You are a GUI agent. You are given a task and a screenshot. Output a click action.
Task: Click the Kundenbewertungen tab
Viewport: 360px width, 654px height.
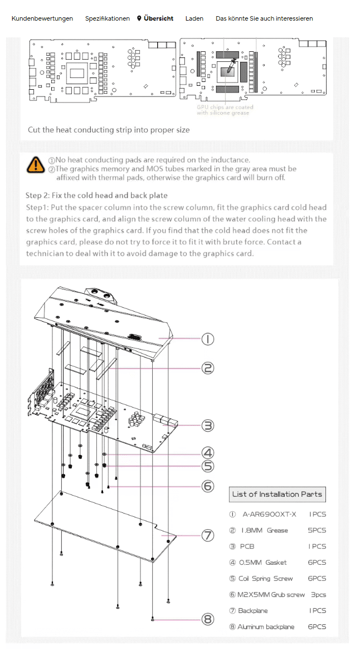(x=42, y=18)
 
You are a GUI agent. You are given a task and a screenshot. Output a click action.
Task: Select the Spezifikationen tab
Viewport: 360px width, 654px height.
(x=108, y=18)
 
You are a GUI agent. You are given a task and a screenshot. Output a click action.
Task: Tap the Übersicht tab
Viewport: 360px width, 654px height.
(x=155, y=18)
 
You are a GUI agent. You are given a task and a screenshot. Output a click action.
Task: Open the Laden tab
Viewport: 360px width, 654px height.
(x=194, y=18)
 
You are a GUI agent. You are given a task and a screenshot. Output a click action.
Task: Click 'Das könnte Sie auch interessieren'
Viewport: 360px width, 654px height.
(x=264, y=18)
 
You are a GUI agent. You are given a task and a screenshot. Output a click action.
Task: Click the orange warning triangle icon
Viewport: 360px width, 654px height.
(x=36, y=164)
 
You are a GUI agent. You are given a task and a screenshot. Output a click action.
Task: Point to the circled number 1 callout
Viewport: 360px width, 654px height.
(x=207, y=339)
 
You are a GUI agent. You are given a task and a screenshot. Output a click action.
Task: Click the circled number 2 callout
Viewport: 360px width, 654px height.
(x=207, y=368)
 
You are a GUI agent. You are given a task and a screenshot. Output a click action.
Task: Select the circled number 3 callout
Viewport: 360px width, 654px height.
(x=207, y=425)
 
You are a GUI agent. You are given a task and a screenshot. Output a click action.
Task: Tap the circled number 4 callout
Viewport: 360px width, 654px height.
(x=207, y=453)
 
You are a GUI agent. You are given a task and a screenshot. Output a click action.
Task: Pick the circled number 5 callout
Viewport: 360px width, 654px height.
(x=207, y=466)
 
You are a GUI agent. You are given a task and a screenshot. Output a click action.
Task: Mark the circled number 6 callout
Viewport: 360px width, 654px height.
(x=207, y=486)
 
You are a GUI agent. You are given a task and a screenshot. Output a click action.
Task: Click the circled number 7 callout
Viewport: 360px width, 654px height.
(x=207, y=535)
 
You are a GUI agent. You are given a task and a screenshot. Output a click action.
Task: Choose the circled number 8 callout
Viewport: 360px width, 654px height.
(x=207, y=619)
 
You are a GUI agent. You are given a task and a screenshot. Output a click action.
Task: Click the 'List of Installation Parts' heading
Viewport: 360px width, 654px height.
(x=277, y=494)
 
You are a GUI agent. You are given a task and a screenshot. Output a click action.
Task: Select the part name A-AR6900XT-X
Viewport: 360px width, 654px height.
(x=269, y=514)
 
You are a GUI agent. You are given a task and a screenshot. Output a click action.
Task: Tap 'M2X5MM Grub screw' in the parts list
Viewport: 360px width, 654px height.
(x=271, y=595)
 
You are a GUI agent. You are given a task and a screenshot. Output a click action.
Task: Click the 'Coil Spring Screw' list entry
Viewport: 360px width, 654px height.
(x=265, y=579)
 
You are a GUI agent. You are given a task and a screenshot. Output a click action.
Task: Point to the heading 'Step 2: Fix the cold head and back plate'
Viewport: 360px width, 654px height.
(x=96, y=195)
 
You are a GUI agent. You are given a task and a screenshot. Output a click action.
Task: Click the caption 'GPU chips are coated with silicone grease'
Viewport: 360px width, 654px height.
(x=225, y=110)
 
